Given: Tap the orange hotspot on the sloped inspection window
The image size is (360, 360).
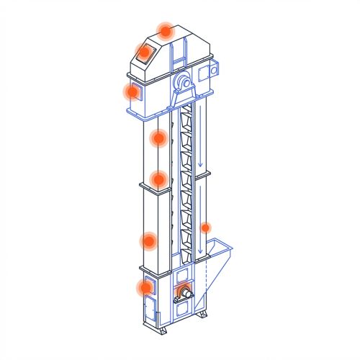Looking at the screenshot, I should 144,52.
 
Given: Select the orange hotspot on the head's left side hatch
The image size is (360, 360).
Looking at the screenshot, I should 132,91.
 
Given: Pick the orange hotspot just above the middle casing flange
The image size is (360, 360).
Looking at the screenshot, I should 158,179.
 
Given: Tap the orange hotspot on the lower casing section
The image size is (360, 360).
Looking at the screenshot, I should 150,240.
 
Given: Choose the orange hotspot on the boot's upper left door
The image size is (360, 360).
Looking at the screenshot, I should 146,287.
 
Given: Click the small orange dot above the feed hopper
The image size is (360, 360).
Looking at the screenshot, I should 205,228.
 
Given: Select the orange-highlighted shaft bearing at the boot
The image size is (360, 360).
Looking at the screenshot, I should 184,292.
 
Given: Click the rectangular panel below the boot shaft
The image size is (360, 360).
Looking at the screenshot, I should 183,308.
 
